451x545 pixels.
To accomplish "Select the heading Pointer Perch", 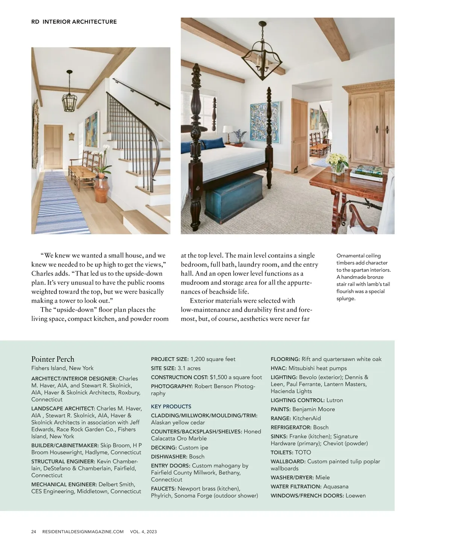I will point(53,359).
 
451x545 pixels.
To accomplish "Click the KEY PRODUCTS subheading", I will point(171,406).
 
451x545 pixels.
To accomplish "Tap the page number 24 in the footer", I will point(34,531).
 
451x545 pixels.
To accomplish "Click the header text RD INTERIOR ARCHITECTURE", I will point(74,22).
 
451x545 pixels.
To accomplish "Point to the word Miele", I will point(322,477).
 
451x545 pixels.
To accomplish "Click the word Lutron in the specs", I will point(334,400).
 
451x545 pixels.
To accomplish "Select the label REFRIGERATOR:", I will point(291,427).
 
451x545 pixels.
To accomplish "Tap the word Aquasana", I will point(336,486).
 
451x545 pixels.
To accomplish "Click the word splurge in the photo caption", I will point(345,298).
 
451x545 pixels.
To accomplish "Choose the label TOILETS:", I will point(282,452).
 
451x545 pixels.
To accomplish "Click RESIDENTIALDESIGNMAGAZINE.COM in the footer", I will point(83,531).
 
